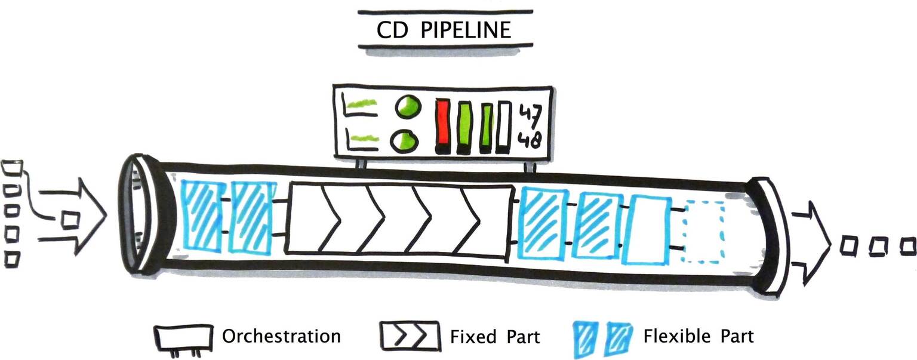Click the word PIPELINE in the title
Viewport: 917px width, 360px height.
click(x=466, y=30)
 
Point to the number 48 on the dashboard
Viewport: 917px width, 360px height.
click(x=529, y=141)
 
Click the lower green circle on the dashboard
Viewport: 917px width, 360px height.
click(x=405, y=141)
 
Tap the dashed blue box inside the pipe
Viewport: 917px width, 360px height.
click(x=704, y=232)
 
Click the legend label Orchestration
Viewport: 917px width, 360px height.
click(x=281, y=336)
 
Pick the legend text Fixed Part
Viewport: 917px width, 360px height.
click(x=495, y=337)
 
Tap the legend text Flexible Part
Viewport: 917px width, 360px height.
click(x=698, y=336)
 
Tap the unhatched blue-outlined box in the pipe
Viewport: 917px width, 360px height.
click(x=648, y=230)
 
